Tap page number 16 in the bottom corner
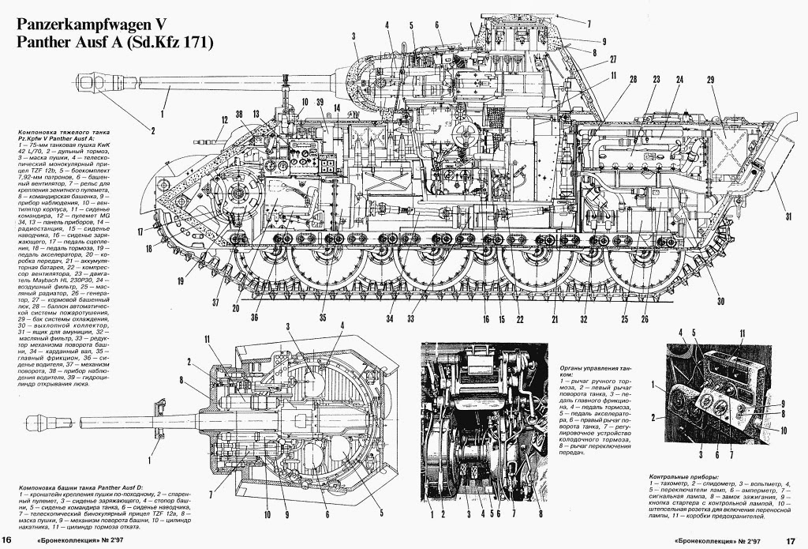click(6, 540)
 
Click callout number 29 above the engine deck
click(710, 80)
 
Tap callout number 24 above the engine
click(679, 80)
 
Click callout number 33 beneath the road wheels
click(410, 319)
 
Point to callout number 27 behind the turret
click(612, 59)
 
